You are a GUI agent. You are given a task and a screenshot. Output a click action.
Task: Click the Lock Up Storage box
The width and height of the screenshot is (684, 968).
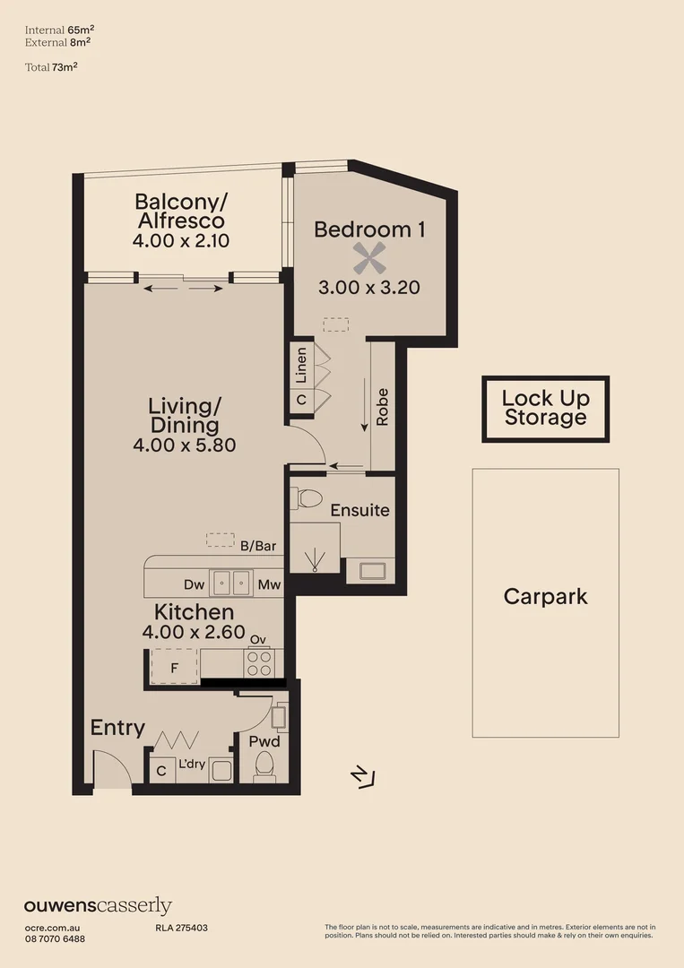[545, 409]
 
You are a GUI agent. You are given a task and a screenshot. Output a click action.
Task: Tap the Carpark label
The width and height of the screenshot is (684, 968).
[545, 596]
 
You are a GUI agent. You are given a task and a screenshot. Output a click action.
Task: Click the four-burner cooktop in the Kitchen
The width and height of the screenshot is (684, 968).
[259, 663]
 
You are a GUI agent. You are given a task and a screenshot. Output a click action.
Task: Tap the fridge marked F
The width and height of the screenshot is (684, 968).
[174, 667]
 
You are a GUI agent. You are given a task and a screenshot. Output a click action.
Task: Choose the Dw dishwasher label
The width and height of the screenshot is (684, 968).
[195, 585]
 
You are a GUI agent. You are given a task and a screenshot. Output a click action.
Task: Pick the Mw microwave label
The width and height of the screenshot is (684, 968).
[269, 585]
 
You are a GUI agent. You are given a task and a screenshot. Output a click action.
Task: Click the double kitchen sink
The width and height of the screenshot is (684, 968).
[231, 583]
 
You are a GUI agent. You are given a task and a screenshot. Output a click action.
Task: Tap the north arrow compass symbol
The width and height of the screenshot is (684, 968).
[364, 776]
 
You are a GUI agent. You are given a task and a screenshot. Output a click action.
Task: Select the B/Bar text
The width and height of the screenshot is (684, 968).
[257, 545]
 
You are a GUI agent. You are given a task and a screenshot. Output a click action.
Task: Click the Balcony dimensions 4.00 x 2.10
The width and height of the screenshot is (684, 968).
[181, 240]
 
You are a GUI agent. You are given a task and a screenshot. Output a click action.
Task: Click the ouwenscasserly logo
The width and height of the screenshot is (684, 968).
[98, 906]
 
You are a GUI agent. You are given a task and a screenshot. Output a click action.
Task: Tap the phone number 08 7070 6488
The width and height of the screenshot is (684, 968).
[55, 938]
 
